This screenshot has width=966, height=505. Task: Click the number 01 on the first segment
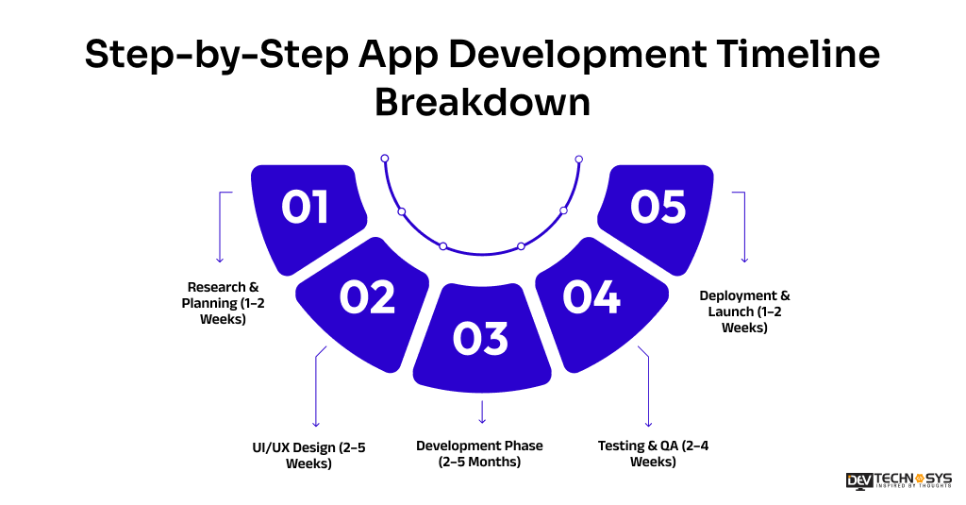tap(305, 208)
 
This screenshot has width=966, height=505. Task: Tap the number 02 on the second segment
tap(367, 297)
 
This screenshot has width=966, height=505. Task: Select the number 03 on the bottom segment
tap(480, 340)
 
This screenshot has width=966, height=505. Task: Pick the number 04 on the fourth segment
tap(591, 297)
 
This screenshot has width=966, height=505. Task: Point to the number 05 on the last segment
tap(658, 208)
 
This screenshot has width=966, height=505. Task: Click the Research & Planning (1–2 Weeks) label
tap(223, 303)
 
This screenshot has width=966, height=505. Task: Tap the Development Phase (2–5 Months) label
tap(479, 453)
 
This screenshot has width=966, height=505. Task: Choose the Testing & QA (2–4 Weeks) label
tap(653, 453)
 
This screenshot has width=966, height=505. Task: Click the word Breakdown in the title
tap(482, 102)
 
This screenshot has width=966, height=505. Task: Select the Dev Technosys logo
tap(898, 480)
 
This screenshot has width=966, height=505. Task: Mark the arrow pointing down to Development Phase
tap(482, 412)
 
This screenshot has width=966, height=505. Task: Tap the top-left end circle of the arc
tap(384, 159)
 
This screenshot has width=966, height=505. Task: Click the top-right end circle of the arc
tap(578, 159)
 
